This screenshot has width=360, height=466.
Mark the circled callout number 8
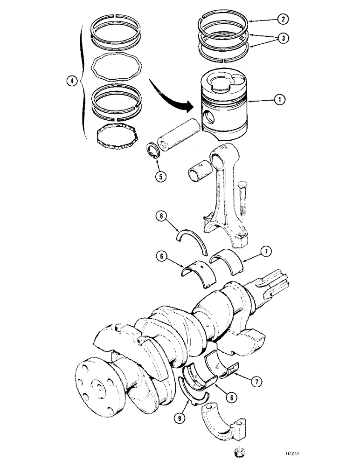160,216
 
